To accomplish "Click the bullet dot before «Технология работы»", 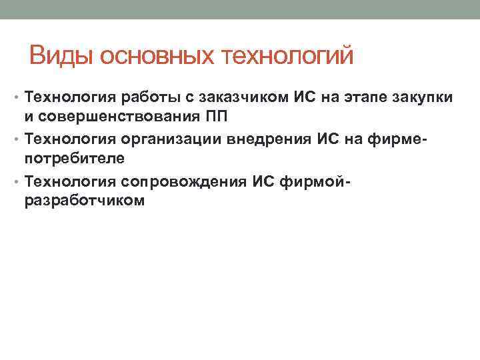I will (18, 98).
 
